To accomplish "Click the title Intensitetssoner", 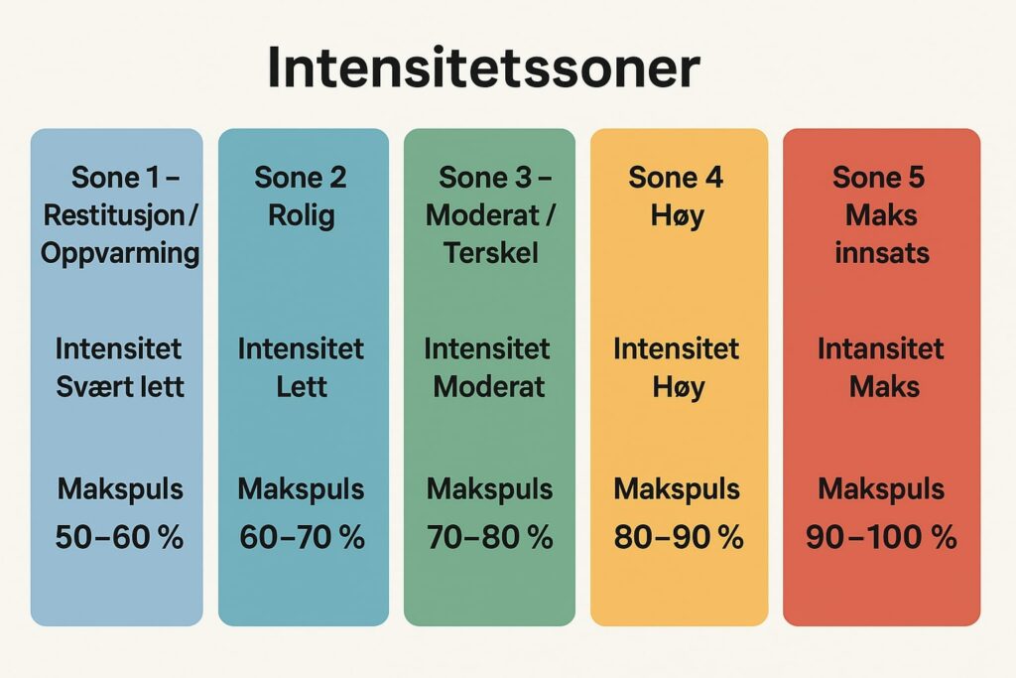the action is click(x=483, y=67).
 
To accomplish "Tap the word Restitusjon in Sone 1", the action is click(x=115, y=215).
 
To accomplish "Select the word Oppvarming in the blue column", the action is click(x=120, y=253).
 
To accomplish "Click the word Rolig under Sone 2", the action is click(x=302, y=215).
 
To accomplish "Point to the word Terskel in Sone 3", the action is click(x=490, y=253).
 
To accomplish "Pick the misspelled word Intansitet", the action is click(x=881, y=348).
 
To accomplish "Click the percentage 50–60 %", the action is click(x=119, y=537).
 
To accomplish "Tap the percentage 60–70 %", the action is click(x=302, y=537).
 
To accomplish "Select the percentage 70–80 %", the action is click(x=490, y=537).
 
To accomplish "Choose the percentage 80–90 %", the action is click(x=679, y=537).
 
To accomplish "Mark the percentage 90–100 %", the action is click(x=881, y=537).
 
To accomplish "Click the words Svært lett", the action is click(x=120, y=387).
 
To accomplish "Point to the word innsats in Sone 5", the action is click(x=882, y=253).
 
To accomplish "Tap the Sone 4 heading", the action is click(x=676, y=178).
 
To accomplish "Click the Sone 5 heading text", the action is click(x=879, y=178).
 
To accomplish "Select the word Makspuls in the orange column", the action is click(x=677, y=489).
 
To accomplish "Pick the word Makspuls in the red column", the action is click(x=881, y=489).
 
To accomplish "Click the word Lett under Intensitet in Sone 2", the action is click(x=302, y=387).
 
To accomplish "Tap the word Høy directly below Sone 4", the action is click(x=677, y=216).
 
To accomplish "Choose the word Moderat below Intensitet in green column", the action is click(x=489, y=387).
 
